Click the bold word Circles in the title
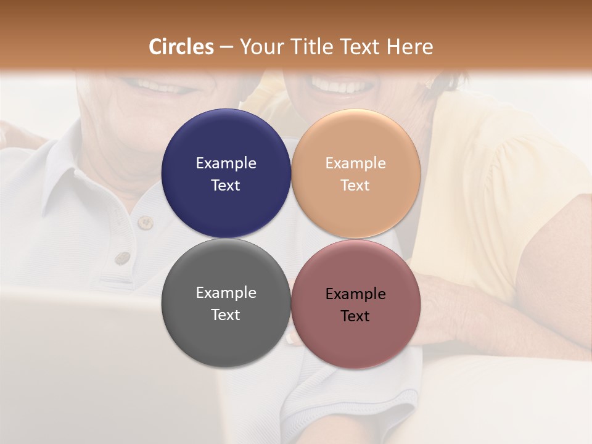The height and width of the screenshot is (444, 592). tap(181, 47)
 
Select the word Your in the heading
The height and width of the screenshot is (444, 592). tap(260, 47)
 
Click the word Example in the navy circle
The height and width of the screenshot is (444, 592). tap(226, 163)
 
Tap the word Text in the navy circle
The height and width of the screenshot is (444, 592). tap(226, 186)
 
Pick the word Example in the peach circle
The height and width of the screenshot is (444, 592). tap(356, 163)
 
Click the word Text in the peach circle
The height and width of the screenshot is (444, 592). tap(356, 186)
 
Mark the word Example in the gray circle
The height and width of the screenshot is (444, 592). tap(226, 293)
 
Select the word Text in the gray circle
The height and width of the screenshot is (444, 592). tap(226, 315)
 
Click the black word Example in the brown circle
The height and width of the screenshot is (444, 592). tap(356, 294)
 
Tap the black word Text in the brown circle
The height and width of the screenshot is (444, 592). tap(356, 316)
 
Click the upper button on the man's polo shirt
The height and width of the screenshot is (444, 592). tap(146, 223)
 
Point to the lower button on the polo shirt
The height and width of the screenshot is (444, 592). tap(123, 258)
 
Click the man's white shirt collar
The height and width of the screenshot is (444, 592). tap(62, 179)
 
